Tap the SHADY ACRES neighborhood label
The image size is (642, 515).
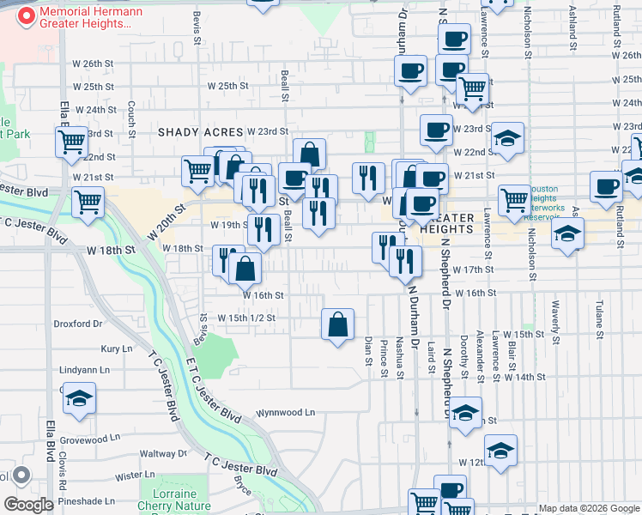200,132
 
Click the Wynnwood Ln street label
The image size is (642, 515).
285,412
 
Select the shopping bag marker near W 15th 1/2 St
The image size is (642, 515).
338,325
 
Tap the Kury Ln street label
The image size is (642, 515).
116,348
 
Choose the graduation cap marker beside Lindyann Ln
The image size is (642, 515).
79,399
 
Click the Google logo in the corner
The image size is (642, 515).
28,504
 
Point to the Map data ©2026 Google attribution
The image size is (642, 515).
588,508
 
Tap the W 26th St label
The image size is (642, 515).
93,64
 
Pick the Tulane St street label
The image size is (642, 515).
600,318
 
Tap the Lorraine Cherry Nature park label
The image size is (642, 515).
174,500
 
